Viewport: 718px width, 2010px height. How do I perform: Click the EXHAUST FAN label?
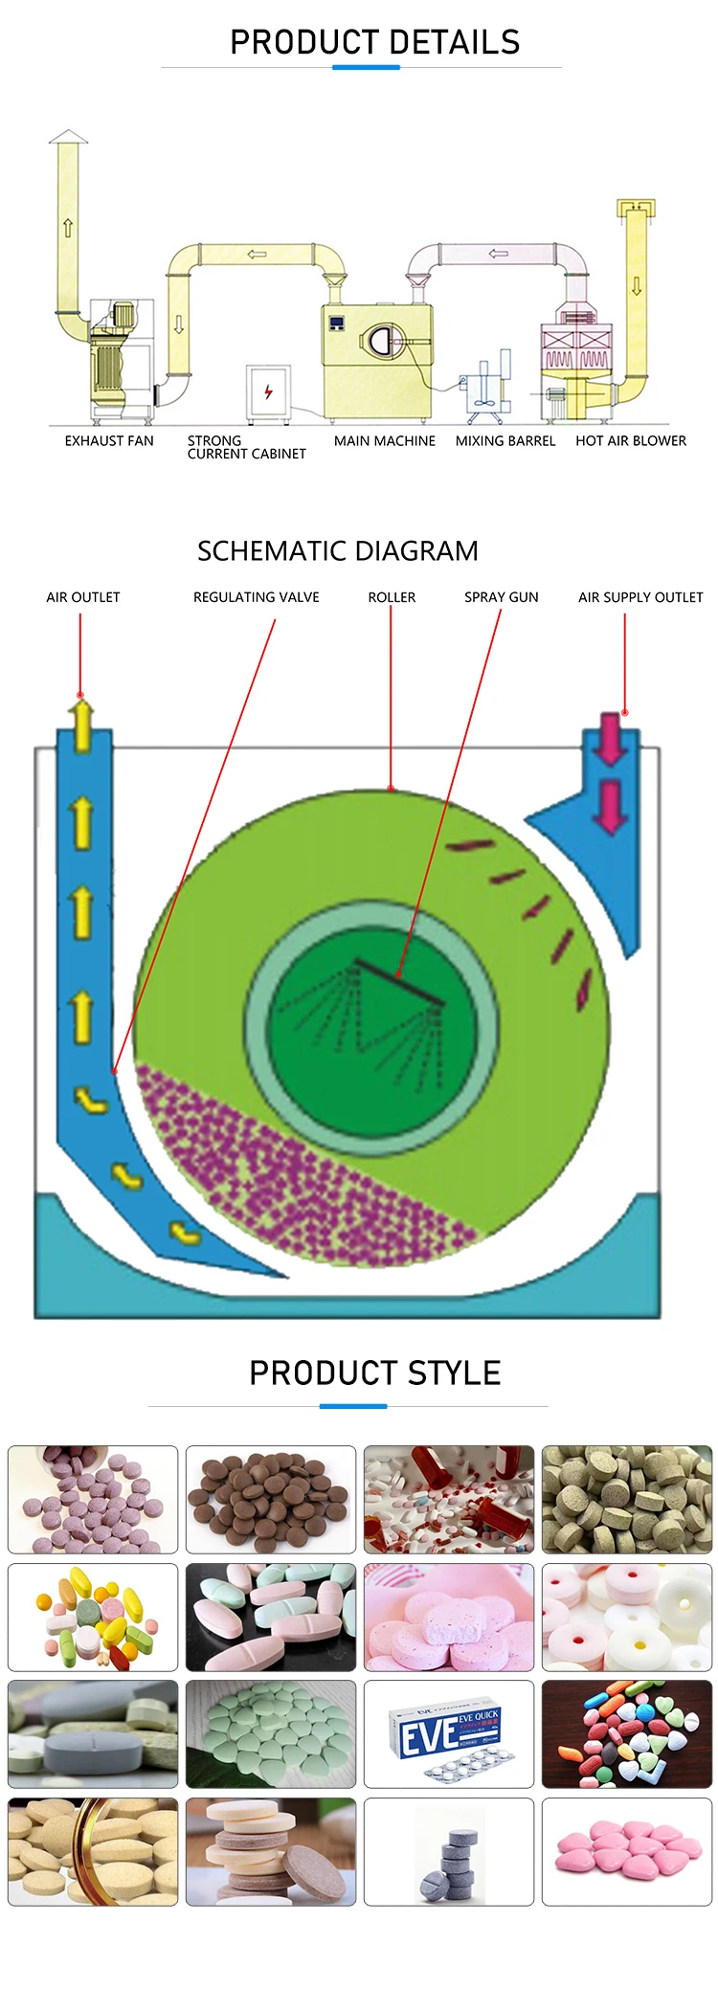pos(109,441)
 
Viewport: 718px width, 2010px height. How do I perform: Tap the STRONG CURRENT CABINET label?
pos(246,447)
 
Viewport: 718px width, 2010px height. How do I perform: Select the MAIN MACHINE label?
pos(384,441)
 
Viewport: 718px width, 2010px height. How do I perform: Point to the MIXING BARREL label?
pos(505,441)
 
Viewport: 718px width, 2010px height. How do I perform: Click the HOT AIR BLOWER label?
pos(630,441)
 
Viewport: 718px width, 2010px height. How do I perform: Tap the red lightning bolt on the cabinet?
pos(268,391)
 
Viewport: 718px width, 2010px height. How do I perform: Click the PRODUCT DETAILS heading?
pos(374,42)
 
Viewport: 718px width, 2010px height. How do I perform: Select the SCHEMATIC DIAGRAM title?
pos(337,551)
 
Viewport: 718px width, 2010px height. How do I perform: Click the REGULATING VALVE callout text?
pos(256,597)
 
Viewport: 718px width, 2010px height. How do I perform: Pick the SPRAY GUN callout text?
pos(501,597)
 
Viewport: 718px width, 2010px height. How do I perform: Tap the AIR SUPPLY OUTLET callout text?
pos(639,597)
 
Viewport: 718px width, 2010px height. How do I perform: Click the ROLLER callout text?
pos(392,597)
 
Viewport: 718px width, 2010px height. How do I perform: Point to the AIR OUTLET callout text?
pos(83,597)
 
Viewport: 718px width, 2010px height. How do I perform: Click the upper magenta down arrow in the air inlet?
pos(610,737)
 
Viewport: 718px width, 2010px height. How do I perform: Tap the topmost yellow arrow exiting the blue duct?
pos(82,723)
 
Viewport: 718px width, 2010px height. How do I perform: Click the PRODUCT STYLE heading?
pos(374,1373)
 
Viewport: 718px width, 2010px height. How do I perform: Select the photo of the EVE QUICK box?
pos(449,1733)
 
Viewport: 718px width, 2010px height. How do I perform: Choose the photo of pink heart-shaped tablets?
pos(627,1851)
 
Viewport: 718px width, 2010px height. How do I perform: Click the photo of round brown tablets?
pos(271,1499)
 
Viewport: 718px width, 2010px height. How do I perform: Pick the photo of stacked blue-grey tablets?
pos(449,1851)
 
